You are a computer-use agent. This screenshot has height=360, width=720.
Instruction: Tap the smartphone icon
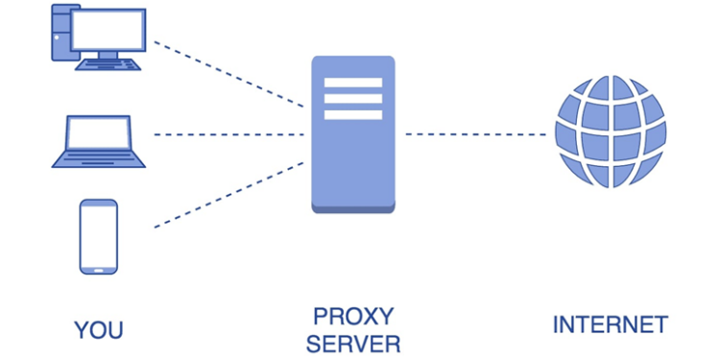[99, 236]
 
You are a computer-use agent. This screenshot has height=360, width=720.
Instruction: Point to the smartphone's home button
[99, 268]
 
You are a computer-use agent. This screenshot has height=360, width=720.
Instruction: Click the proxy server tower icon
[352, 133]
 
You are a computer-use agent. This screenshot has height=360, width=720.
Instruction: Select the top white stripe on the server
[352, 81]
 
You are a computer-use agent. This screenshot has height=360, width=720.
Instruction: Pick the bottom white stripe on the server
[352, 115]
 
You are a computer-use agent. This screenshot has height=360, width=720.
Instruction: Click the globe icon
[611, 132]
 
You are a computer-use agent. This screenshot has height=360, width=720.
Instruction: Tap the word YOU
[99, 330]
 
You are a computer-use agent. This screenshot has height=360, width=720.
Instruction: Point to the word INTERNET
[610, 324]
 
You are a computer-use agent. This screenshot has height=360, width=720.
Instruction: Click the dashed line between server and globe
[475, 134]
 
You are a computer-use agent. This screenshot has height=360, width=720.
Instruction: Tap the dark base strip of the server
[352, 207]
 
